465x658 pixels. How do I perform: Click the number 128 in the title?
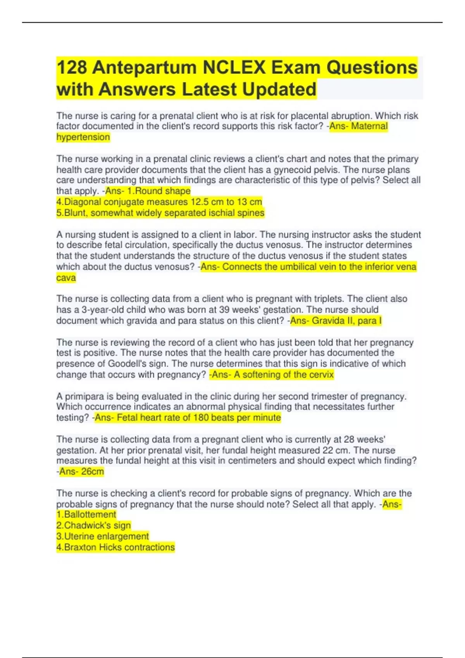pos(72,68)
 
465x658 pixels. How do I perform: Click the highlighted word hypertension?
pos(83,137)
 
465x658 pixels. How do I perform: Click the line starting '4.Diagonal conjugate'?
pos(159,202)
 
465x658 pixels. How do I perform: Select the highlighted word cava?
pos(66,278)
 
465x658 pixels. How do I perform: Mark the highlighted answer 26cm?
pos(92,471)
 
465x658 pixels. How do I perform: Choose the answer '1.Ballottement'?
pos(86,514)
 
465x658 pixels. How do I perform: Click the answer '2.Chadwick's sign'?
pos(93,525)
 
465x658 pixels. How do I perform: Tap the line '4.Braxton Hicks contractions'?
pos(115,547)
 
